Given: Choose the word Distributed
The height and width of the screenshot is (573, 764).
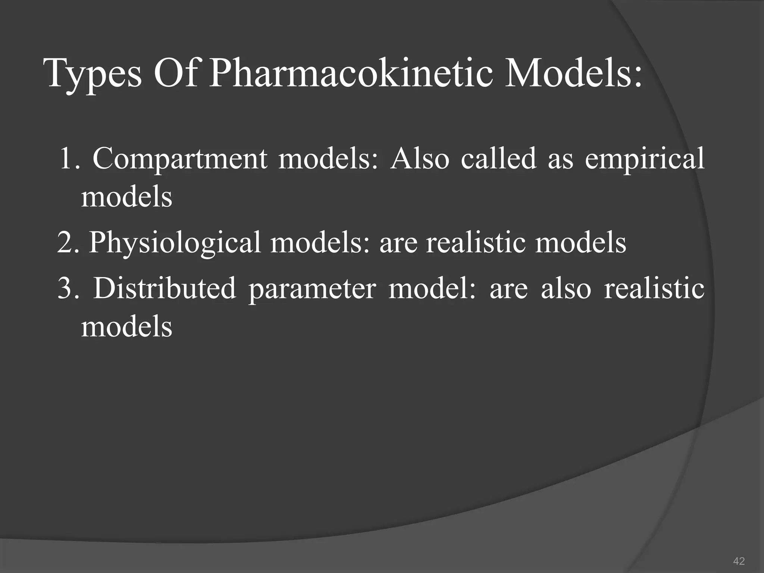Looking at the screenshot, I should [x=165, y=288].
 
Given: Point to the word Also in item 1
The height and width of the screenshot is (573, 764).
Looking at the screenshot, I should [x=419, y=159].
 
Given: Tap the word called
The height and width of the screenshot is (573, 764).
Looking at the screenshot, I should [x=498, y=158].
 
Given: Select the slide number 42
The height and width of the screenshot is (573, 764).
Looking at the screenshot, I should [x=739, y=561].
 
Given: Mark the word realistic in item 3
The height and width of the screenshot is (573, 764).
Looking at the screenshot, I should [x=654, y=288].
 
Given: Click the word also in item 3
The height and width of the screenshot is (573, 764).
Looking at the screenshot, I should [x=566, y=288].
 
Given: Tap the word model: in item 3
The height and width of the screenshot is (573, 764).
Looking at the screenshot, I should [x=432, y=288].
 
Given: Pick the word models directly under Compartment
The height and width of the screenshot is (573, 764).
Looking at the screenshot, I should [x=127, y=197].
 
